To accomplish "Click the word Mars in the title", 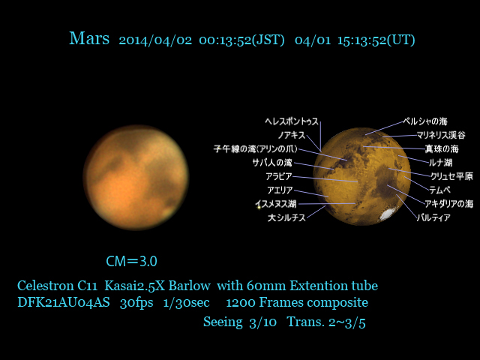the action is [x=89, y=38].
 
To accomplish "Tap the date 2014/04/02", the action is [x=155, y=40].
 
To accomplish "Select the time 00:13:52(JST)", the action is [x=241, y=40].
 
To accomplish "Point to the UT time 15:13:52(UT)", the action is [x=376, y=40].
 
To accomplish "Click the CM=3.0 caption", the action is [x=132, y=262].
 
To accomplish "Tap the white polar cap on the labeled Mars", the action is [x=387, y=214].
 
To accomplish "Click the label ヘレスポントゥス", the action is [x=292, y=121].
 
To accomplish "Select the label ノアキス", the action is [x=292, y=135].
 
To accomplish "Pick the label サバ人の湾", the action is [x=272, y=163].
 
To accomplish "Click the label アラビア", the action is [x=279, y=176].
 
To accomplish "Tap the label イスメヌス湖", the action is [x=276, y=203].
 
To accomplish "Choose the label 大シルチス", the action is [x=286, y=217].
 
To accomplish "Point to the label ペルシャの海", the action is [x=425, y=121].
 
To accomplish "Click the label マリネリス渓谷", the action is [x=441, y=135].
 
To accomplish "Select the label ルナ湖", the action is [x=440, y=163].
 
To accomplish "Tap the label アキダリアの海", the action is [x=448, y=203].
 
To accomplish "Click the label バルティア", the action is [x=433, y=217].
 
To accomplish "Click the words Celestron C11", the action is [x=57, y=286].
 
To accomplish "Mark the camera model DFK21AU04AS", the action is [x=64, y=302].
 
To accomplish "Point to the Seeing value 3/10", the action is [x=263, y=322].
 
